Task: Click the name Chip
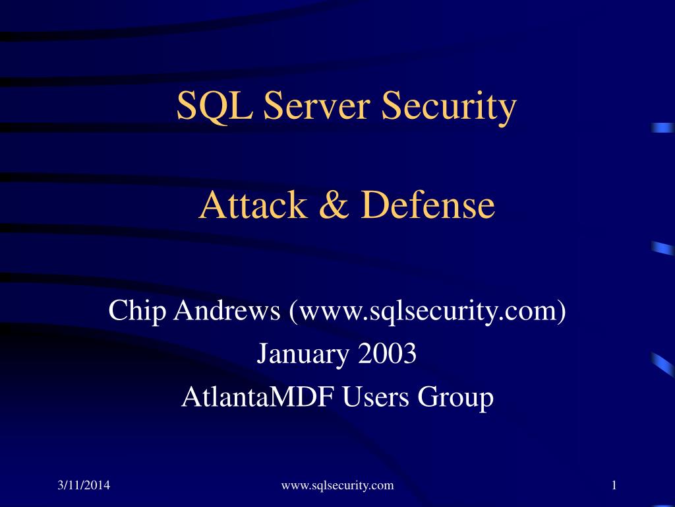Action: pyautogui.click(x=137, y=311)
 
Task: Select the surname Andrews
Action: pyautogui.click(x=227, y=311)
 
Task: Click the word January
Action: pyautogui.click(x=303, y=355)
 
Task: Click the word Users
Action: pyautogui.click(x=376, y=397)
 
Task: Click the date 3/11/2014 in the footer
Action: pyautogui.click(x=82, y=486)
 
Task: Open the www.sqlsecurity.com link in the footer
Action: pyautogui.click(x=337, y=486)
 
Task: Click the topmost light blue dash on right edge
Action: pyautogui.click(x=662, y=128)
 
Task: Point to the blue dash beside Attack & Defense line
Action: pyautogui.click(x=662, y=248)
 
